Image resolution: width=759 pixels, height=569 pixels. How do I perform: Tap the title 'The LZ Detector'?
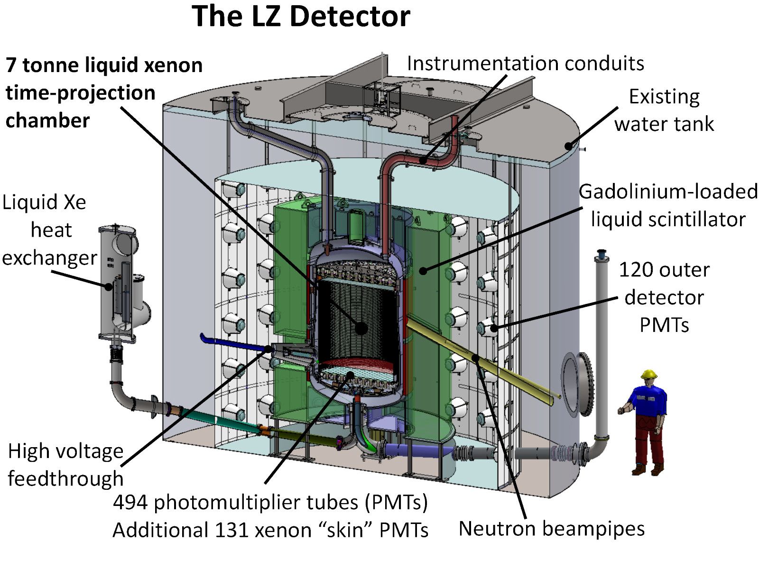click(x=301, y=16)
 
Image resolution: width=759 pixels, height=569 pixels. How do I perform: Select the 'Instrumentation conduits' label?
click(x=525, y=64)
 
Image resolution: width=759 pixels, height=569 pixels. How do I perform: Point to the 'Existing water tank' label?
click(x=664, y=110)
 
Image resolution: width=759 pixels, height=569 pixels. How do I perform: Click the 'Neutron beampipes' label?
click(x=552, y=529)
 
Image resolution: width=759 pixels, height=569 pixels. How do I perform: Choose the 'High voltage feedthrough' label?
click(x=65, y=465)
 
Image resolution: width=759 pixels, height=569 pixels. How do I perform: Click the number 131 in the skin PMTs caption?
click(x=231, y=530)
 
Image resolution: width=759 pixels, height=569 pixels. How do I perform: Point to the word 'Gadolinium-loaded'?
click(x=668, y=192)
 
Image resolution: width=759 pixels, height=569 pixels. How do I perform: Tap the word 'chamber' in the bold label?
click(x=48, y=120)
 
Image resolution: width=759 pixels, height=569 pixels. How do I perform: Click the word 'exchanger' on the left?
click(x=49, y=258)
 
